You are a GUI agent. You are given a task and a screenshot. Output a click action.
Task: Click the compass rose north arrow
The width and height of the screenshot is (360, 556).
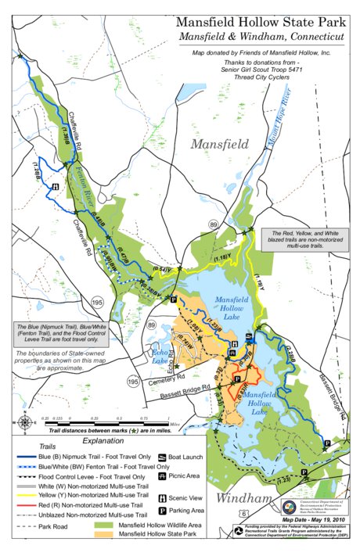click(24, 423)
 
